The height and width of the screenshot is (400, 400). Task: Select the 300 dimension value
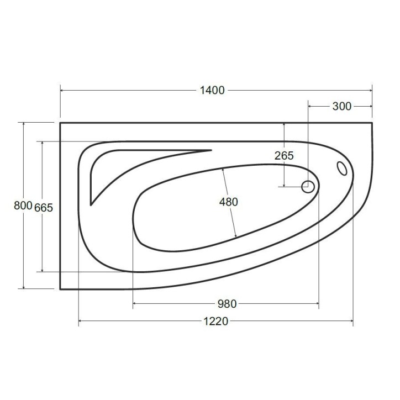342,106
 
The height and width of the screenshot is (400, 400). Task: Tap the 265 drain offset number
283,156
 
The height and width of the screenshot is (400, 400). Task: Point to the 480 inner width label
228,202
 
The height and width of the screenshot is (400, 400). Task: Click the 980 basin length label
227,303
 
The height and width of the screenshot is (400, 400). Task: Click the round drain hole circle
308,187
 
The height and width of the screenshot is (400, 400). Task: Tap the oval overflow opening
342,167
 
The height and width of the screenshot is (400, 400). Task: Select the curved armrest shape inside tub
127,166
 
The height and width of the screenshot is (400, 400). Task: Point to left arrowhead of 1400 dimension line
62,90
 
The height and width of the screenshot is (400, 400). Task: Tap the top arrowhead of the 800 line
24,124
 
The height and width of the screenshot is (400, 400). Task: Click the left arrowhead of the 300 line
310,106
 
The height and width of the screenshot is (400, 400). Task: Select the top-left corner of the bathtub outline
60,123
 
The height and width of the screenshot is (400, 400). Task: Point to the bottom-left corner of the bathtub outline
60,288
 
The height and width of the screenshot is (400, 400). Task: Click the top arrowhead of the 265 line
283,125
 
